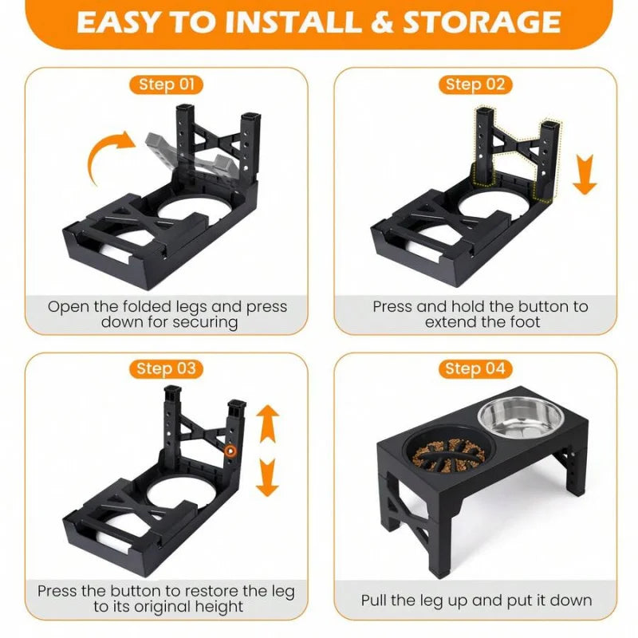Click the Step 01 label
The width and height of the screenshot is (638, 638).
click(166, 85)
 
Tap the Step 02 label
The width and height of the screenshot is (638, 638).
click(475, 85)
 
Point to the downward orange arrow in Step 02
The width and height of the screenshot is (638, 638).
click(585, 174)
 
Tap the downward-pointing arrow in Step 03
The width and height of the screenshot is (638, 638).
click(268, 477)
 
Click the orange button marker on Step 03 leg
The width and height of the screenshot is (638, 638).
click(230, 451)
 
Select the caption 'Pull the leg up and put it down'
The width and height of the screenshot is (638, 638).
click(476, 600)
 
